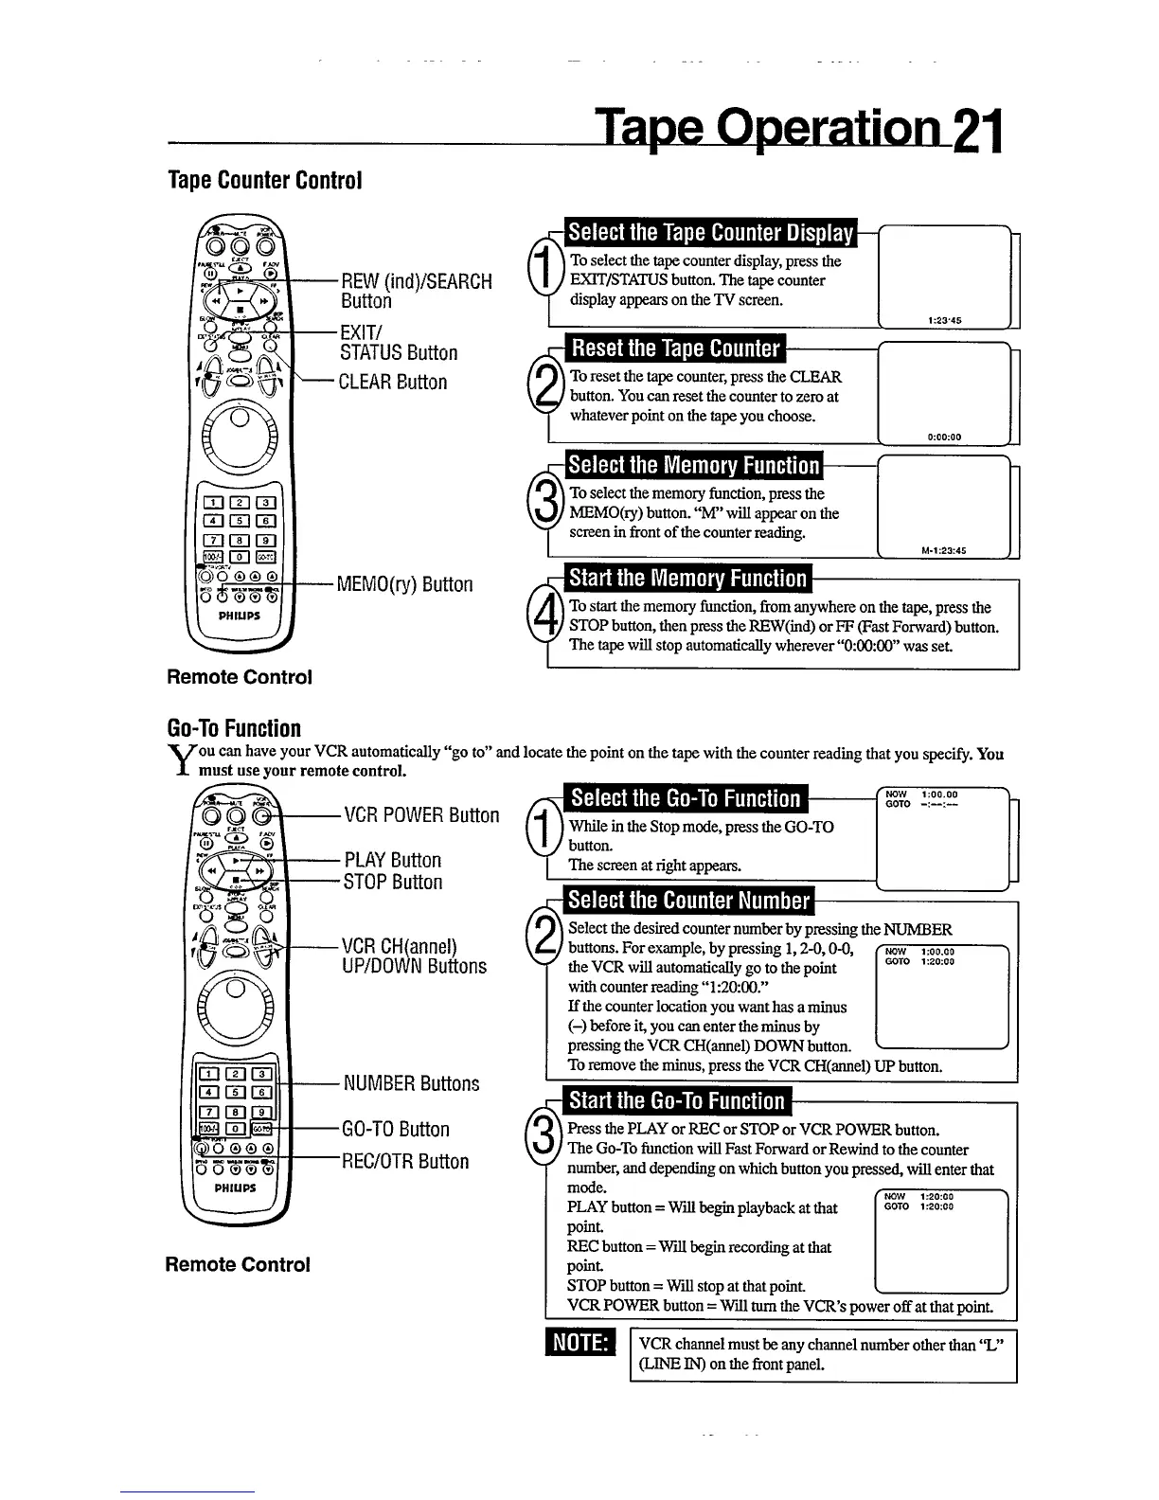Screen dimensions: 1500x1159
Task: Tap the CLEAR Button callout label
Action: pyautogui.click(x=393, y=382)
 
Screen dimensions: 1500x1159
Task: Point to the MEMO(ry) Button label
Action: pyautogui.click(x=405, y=584)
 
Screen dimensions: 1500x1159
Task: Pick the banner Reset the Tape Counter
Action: pyautogui.click(x=676, y=349)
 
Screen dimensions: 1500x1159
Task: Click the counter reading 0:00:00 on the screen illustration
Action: pyautogui.click(x=944, y=437)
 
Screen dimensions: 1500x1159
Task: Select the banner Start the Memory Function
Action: pyautogui.click(x=687, y=578)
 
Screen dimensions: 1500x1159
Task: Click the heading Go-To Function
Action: pyautogui.click(x=234, y=728)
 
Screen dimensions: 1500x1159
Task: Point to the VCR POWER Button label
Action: pyautogui.click(x=421, y=815)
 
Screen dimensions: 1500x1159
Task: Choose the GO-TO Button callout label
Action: pyautogui.click(x=396, y=1129)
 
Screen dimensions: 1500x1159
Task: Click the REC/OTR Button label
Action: pyautogui.click(x=405, y=1161)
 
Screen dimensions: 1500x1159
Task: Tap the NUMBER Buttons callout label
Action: pyautogui.click(x=411, y=1083)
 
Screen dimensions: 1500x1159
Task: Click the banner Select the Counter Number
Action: pyautogui.click(x=688, y=900)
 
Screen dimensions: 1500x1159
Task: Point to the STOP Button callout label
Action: pyautogui.click(x=393, y=882)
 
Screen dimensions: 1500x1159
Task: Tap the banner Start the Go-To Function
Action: pyautogui.click(x=676, y=1100)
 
